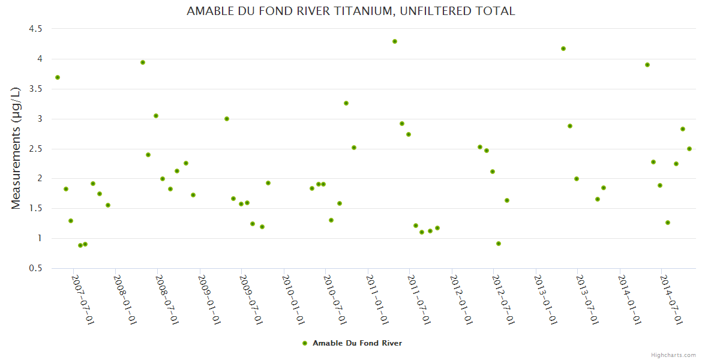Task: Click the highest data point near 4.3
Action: coord(395,41)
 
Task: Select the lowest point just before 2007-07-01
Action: coord(80,245)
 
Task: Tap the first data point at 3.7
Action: coord(58,77)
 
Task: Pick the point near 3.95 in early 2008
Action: coord(143,62)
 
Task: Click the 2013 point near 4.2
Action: coord(563,49)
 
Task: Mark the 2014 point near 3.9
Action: coord(647,65)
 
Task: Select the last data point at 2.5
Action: coord(689,149)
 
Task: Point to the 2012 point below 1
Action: coord(499,244)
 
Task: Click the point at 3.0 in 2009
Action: coord(227,119)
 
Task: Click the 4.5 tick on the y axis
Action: coord(35,29)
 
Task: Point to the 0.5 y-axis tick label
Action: coord(35,268)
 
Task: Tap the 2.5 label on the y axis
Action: coord(35,149)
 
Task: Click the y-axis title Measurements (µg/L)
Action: coord(16,148)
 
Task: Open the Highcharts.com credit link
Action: coord(673,355)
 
